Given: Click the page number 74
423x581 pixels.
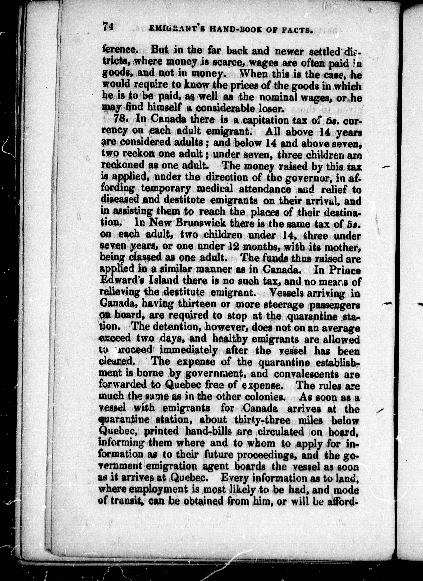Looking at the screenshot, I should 108,27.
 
